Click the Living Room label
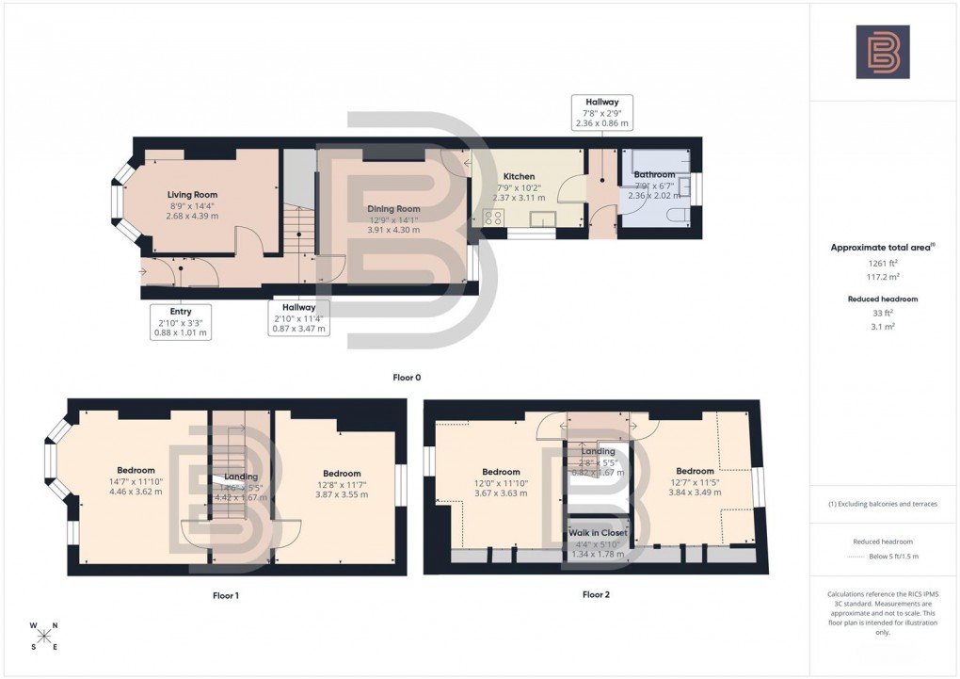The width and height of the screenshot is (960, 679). coord(193,195)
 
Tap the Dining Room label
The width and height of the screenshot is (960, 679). coord(394,209)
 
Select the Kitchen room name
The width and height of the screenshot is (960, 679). coord(519,176)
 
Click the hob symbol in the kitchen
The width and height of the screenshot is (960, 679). coord(493,218)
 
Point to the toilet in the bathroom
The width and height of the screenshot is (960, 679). coord(675,217)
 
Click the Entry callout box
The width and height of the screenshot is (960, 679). coord(180,321)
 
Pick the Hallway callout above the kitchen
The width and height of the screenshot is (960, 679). coord(601,112)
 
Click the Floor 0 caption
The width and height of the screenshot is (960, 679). coord(407,378)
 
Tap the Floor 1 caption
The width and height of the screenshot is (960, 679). coord(226,595)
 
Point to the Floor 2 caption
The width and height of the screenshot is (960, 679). coord(596,594)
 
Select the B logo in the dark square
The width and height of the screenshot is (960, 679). coord(882,52)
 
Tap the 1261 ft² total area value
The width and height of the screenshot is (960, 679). coord(882,265)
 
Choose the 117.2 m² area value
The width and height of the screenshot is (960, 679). coord(882,279)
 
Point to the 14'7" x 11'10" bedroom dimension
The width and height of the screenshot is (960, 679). coord(136,481)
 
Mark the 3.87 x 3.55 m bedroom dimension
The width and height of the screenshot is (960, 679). coord(342,494)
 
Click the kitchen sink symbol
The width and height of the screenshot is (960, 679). coord(542,219)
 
